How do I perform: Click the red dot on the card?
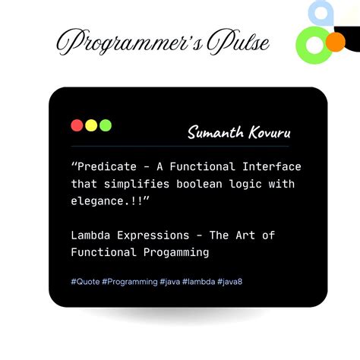pyautogui.click(x=77, y=125)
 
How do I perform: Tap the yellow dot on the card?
pyautogui.click(x=91, y=125)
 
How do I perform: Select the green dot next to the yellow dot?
pyautogui.click(x=106, y=125)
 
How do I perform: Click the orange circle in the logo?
pyautogui.click(x=335, y=41)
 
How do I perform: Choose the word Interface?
pyautogui.click(x=272, y=167)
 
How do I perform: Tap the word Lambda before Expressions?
pyautogui.click(x=93, y=235)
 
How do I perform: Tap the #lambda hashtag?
pyautogui.click(x=197, y=282)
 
